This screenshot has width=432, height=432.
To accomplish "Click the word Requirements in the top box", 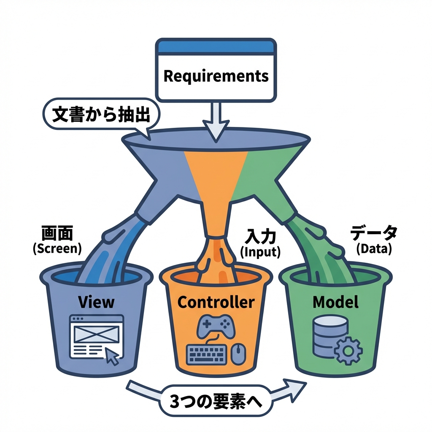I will coord(216,76).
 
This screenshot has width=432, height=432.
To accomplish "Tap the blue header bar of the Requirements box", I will coord(216,46).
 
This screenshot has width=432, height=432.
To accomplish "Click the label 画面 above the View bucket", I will coord(57,232).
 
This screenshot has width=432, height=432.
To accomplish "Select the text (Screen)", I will coord(57,248).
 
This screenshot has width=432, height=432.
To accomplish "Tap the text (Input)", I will coord(260,252).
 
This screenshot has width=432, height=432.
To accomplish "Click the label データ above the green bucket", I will coord(374,233).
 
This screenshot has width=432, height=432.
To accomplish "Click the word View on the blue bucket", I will coord(96,302).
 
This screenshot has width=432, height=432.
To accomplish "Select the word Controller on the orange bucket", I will coord(216,302).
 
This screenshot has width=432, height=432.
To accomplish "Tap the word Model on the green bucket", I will coord(336,302).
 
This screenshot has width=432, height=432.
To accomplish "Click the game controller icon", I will coord(216,326).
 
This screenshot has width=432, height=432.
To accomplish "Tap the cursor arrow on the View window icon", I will coord(112,356).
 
